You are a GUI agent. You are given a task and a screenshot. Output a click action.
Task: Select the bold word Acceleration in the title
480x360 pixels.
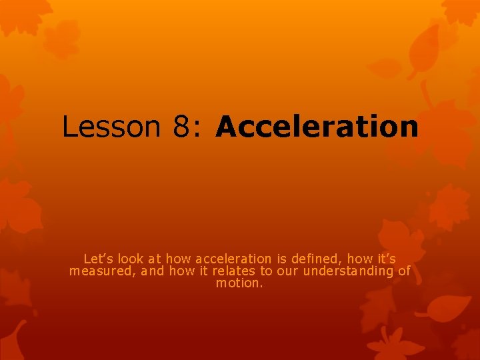[x=317, y=126]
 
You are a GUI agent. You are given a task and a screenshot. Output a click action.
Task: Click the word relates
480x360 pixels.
[x=235, y=271]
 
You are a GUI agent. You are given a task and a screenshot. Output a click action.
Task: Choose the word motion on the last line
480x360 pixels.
[x=240, y=283]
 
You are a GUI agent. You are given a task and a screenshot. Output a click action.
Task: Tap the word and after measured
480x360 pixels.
[x=153, y=271]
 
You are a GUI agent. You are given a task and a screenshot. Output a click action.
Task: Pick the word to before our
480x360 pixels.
[x=267, y=271]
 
